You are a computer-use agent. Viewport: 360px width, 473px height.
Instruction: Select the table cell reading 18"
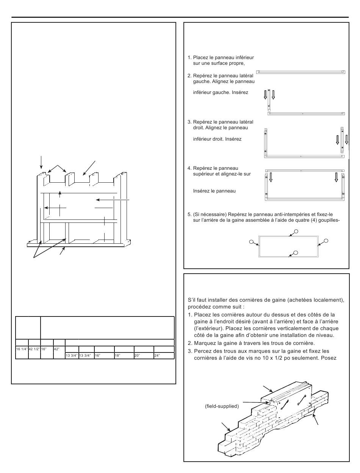click(x=124, y=356)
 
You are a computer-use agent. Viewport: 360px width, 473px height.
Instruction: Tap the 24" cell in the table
click(x=164, y=356)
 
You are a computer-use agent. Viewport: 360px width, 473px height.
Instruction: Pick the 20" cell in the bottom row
click(x=144, y=356)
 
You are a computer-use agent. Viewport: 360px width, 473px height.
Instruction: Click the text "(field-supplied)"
click(x=222, y=406)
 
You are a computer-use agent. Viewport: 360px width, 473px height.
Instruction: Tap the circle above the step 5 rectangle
click(x=296, y=232)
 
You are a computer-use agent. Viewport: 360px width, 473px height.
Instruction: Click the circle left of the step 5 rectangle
click(x=251, y=241)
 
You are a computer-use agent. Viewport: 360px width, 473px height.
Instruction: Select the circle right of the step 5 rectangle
click(x=326, y=241)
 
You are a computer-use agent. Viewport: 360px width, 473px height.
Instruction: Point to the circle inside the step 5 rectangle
click(x=296, y=252)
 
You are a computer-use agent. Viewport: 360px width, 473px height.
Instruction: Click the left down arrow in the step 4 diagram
click(x=271, y=177)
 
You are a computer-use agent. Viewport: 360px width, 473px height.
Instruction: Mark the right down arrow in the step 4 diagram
click(x=336, y=177)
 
